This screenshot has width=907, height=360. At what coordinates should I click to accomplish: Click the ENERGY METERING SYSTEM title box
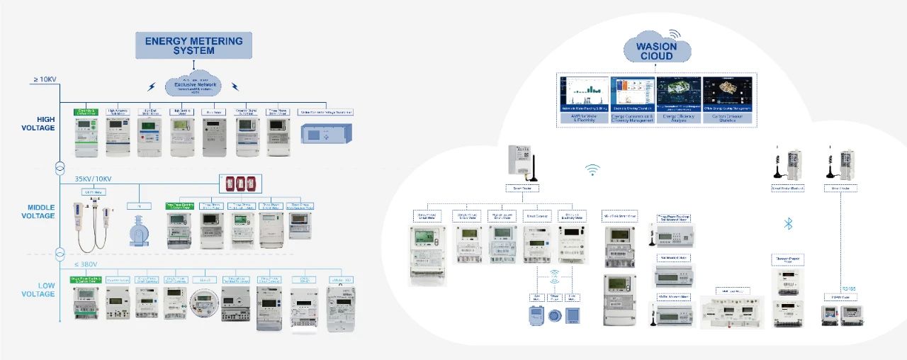(193, 45)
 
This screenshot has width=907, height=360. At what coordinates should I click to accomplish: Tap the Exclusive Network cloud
(193, 86)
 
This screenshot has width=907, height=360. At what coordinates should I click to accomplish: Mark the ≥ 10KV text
(44, 79)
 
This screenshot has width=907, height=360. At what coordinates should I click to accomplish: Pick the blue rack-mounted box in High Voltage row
(327, 134)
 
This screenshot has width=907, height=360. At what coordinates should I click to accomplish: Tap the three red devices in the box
(240, 184)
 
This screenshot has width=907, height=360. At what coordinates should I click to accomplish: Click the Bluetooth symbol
(787, 224)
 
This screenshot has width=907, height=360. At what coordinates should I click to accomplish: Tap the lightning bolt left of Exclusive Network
(152, 87)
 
